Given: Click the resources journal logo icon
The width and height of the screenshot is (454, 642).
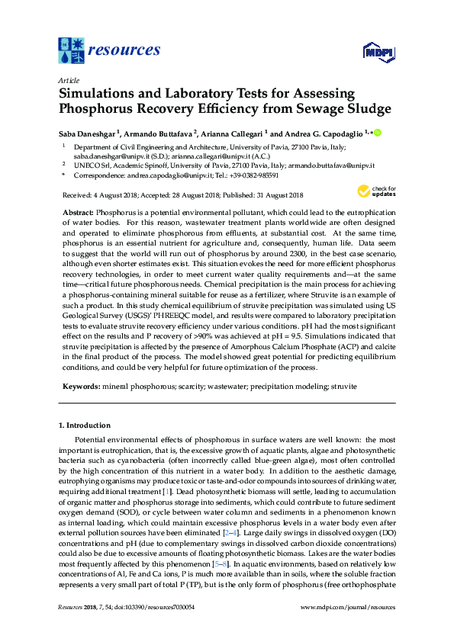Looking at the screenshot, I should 72,51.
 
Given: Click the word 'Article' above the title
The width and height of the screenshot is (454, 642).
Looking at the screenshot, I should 68,80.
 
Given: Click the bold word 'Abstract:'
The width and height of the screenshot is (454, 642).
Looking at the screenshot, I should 77,210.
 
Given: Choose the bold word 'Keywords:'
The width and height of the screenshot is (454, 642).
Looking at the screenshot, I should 79,387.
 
